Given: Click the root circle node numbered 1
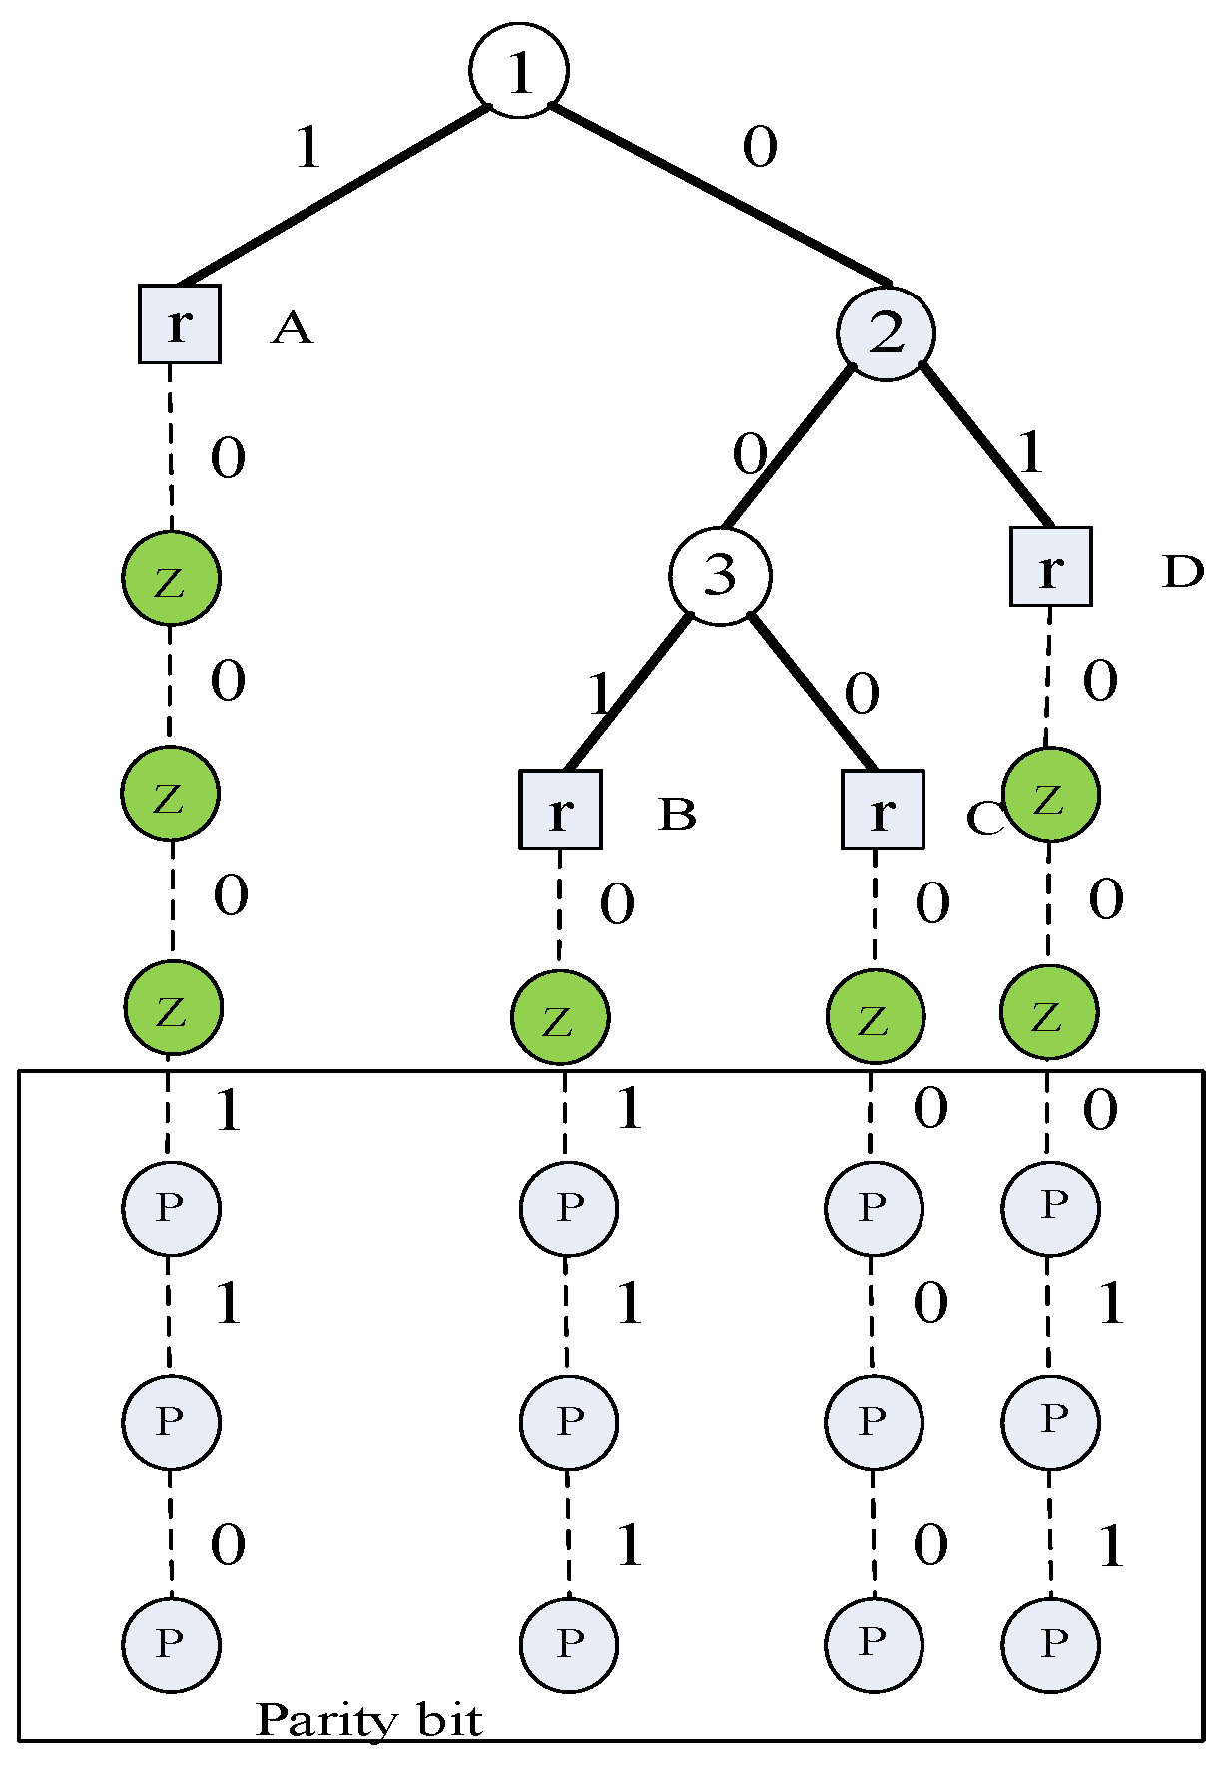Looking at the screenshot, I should click(519, 71).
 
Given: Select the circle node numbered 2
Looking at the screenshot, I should click(886, 333).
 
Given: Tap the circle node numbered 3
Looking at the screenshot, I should click(720, 576).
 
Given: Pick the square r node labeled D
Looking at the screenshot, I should click(1050, 567).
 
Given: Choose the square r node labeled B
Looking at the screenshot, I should click(560, 810).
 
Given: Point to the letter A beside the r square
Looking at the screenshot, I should click(292, 328).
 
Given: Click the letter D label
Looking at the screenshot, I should click(1183, 572).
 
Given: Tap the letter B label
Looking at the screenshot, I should click(677, 815).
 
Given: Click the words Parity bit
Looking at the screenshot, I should click(369, 1721).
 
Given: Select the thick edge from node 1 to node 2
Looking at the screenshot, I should click(719, 194).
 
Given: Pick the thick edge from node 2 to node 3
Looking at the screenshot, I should click(789, 447).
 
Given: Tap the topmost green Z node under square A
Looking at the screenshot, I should click(171, 579).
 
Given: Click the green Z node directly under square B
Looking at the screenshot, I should click(559, 1018).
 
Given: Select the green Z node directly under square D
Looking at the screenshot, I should click(1050, 796).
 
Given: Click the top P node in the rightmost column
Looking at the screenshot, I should click(1050, 1207).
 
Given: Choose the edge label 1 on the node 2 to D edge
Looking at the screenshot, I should click(1030, 453).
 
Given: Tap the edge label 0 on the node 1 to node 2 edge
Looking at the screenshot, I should click(759, 148).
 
